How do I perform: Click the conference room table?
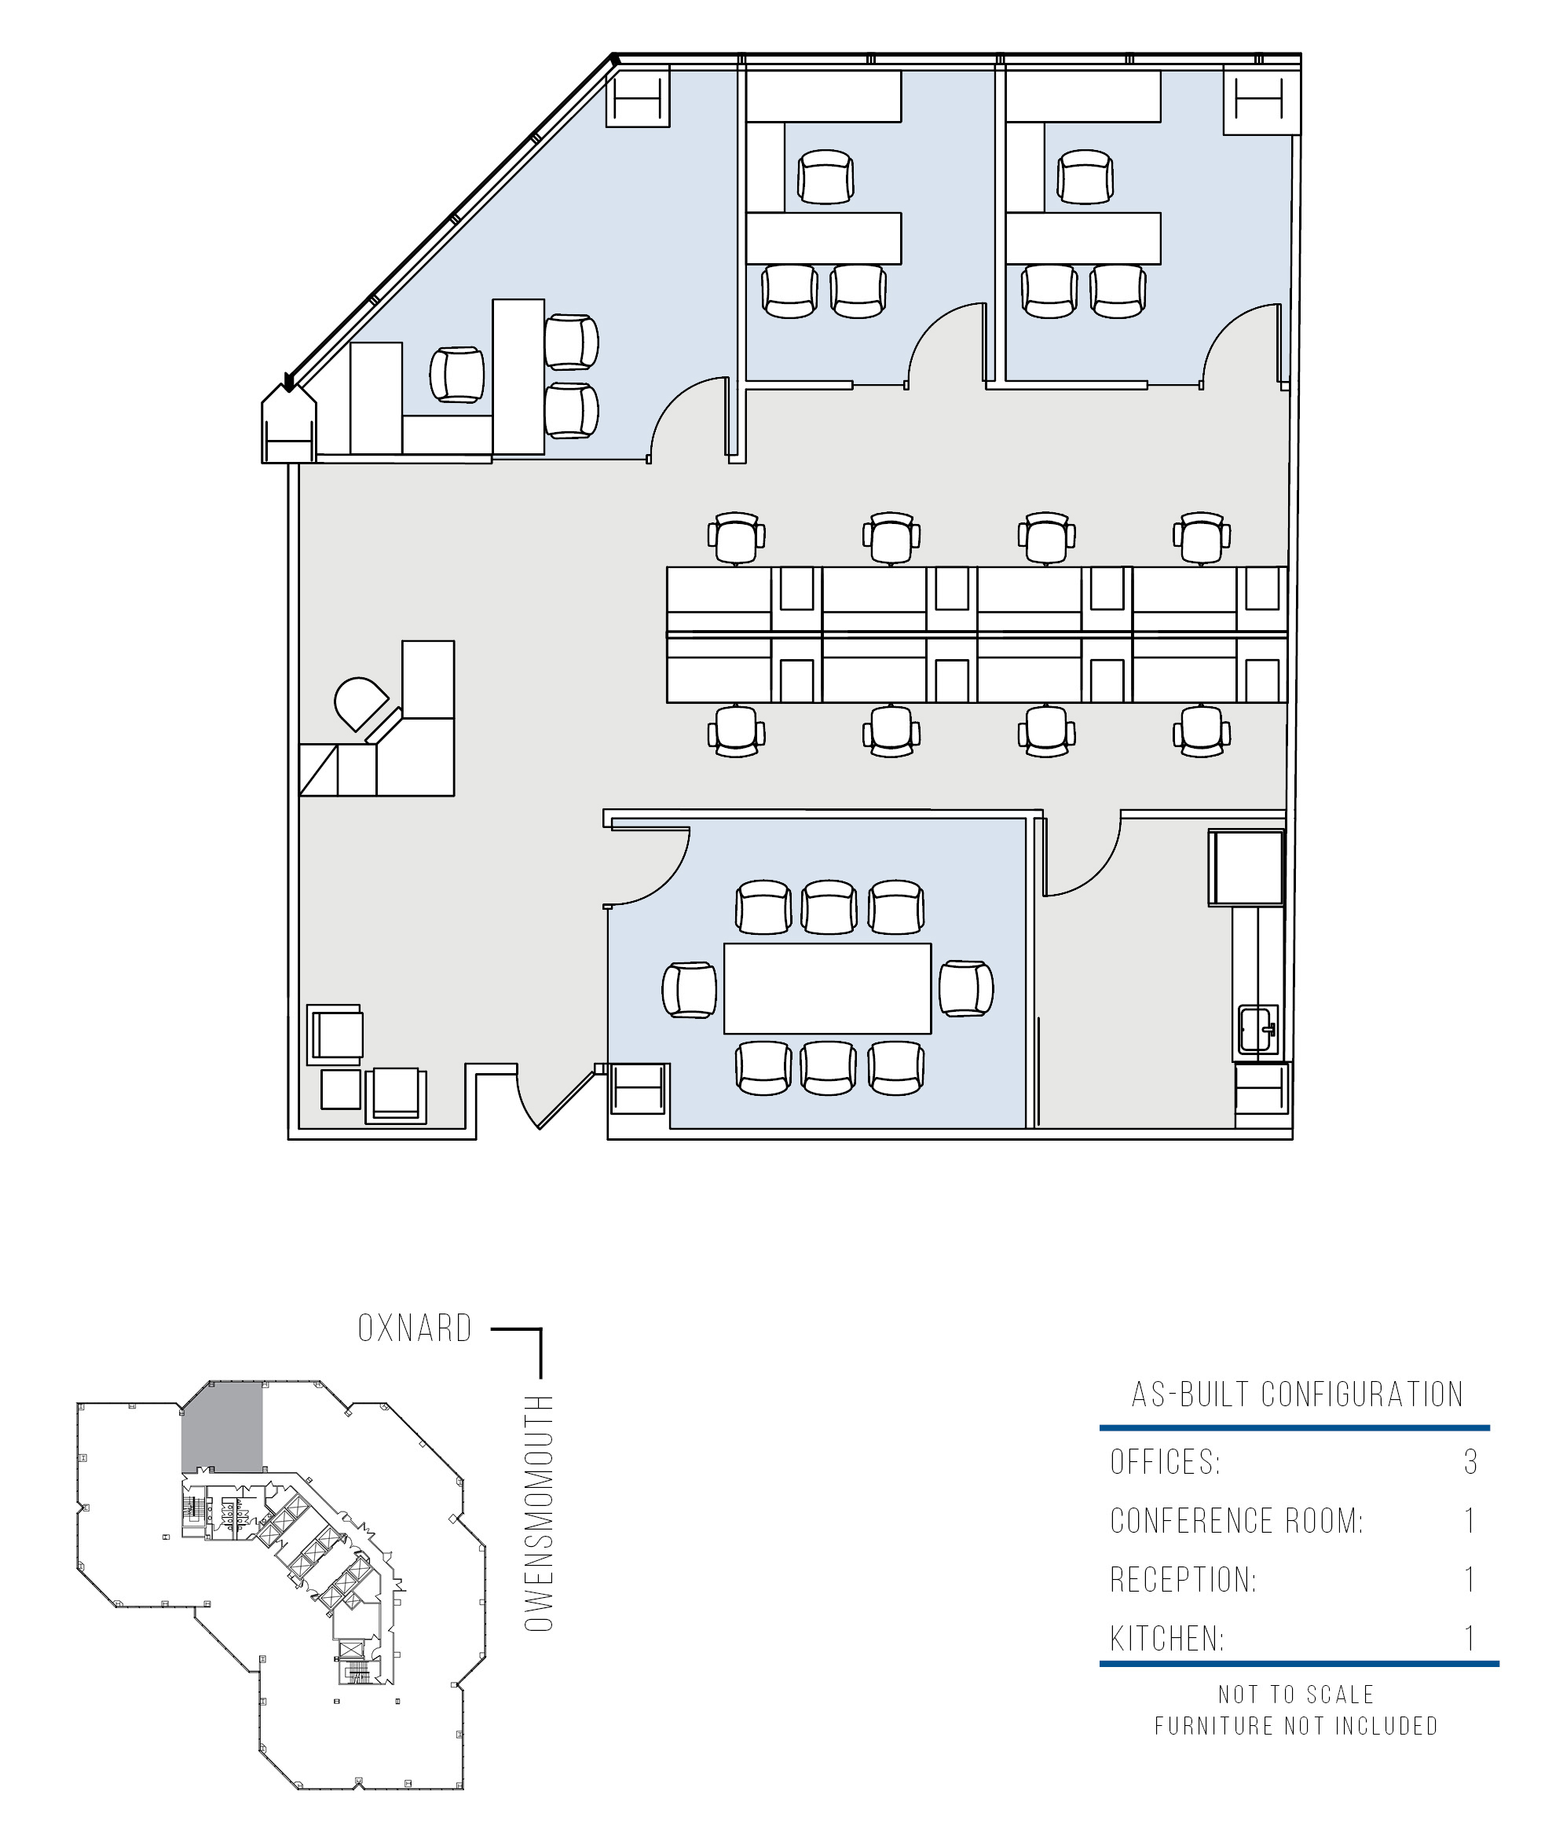(x=826, y=987)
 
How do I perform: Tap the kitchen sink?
(x=1258, y=1029)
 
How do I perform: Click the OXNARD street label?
(x=415, y=1328)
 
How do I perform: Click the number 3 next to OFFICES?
(x=1470, y=1461)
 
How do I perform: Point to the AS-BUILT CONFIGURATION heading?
(x=1297, y=1394)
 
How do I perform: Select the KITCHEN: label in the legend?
(x=1167, y=1639)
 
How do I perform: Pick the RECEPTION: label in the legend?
(x=1183, y=1579)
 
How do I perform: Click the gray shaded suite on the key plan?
(x=222, y=1427)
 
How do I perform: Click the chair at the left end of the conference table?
(x=690, y=989)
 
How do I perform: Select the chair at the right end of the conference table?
(x=966, y=987)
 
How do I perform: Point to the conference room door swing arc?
(x=666, y=881)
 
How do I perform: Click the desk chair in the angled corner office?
(x=457, y=375)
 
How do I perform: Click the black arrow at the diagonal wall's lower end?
(x=287, y=382)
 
